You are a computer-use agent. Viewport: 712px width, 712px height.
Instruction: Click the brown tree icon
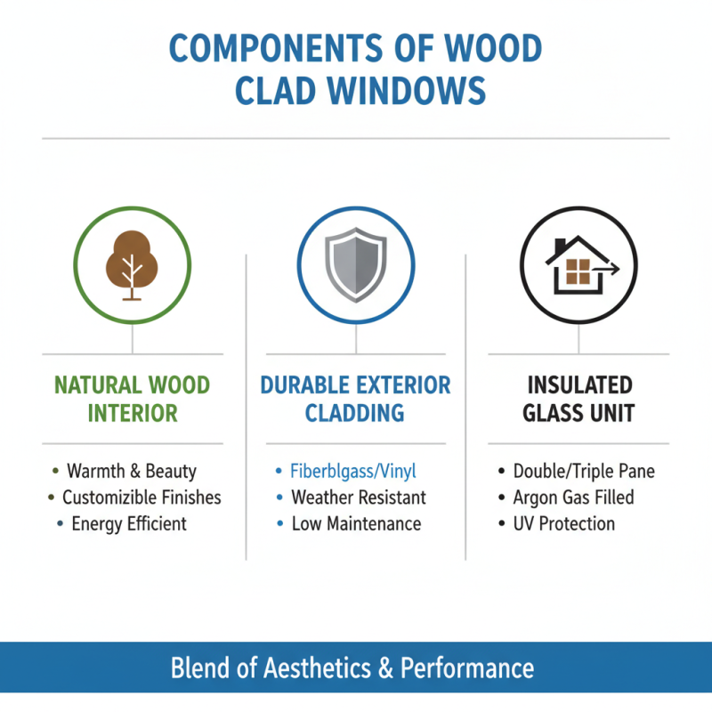tap(132, 263)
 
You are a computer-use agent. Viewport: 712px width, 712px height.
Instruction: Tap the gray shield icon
tap(355, 264)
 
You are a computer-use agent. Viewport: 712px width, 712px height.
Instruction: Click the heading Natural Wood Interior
tap(132, 399)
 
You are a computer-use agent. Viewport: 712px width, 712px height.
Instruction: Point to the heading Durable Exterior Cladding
tap(355, 399)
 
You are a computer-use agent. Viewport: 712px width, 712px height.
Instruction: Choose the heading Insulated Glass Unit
tap(579, 399)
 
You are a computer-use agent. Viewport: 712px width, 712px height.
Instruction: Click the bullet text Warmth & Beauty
tap(131, 471)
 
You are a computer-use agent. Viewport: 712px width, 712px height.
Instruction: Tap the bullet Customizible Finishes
tap(142, 497)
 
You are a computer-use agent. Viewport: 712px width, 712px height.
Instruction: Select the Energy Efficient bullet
tap(129, 523)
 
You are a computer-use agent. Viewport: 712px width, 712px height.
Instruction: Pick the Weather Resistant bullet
tap(359, 497)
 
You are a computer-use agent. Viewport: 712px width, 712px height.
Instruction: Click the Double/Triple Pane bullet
tap(584, 471)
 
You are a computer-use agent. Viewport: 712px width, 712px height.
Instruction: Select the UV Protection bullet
tap(563, 523)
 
